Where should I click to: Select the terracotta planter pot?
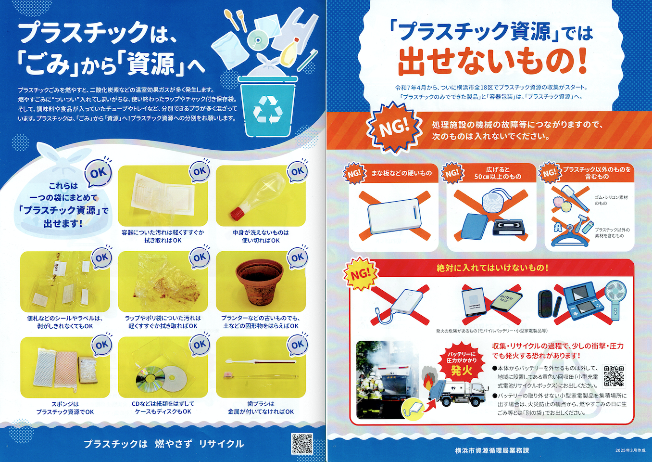point(260,282)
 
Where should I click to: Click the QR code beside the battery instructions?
point(614,375)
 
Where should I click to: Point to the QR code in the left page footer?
point(303,444)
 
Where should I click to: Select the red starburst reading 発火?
point(462,366)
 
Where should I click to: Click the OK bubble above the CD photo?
point(200,346)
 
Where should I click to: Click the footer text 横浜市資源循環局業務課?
point(491,450)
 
